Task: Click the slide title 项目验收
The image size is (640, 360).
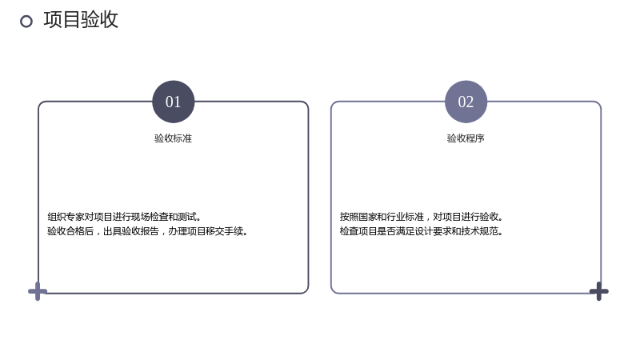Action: click(x=81, y=19)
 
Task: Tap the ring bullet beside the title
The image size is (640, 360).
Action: click(x=26, y=22)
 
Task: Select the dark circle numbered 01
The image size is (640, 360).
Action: click(x=173, y=102)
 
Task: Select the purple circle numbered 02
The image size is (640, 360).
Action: click(x=466, y=102)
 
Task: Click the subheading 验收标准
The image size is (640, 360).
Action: click(x=173, y=138)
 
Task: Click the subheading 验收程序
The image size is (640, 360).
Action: click(x=466, y=138)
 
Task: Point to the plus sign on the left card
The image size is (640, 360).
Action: click(x=38, y=291)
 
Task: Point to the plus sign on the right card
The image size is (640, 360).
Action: click(x=598, y=291)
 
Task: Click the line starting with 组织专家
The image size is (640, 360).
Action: click(x=124, y=217)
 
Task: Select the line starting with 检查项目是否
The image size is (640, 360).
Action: click(x=422, y=231)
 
